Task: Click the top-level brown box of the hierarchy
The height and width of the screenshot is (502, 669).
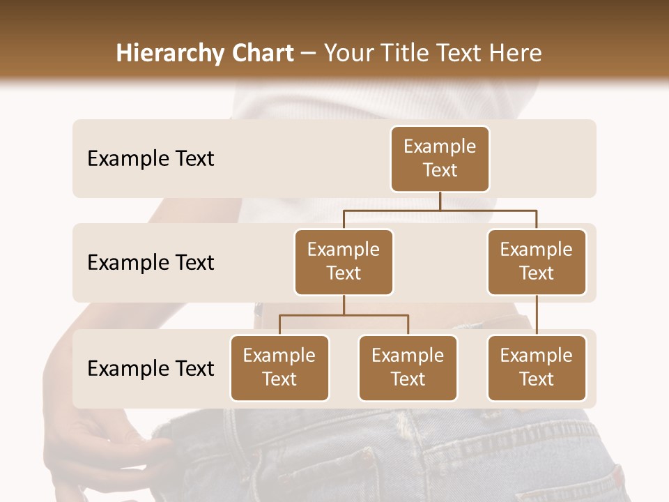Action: coord(440,159)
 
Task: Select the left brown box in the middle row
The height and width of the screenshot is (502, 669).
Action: coord(344,262)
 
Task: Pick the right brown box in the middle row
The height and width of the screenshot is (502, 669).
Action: coord(537,262)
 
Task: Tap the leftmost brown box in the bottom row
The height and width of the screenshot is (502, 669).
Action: coord(279,368)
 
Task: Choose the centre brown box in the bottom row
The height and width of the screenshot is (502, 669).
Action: coord(408,368)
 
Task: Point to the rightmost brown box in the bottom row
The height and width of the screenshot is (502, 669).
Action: coord(537,368)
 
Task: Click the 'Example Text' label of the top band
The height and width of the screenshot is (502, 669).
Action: coord(151,159)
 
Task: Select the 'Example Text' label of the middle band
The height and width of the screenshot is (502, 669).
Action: coord(151,263)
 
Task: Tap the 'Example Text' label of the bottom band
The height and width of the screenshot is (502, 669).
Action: coord(151,368)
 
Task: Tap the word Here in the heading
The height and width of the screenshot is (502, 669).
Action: coord(516,53)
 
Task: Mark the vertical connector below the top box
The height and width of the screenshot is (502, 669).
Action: coord(440,201)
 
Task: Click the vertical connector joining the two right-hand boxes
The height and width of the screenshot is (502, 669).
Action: coord(537,315)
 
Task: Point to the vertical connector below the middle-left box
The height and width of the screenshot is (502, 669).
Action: coord(344,305)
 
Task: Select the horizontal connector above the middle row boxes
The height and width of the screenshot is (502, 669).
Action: coord(440,209)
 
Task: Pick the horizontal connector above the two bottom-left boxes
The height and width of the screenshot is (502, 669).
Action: coord(344,315)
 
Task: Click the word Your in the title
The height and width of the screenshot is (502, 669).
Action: coord(348,53)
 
